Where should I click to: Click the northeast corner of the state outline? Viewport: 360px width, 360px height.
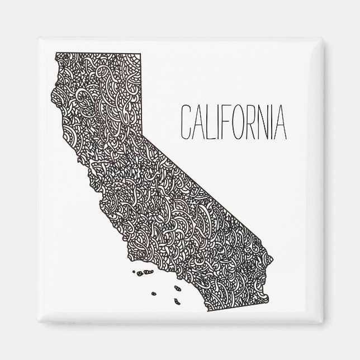[x=140, y=53]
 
